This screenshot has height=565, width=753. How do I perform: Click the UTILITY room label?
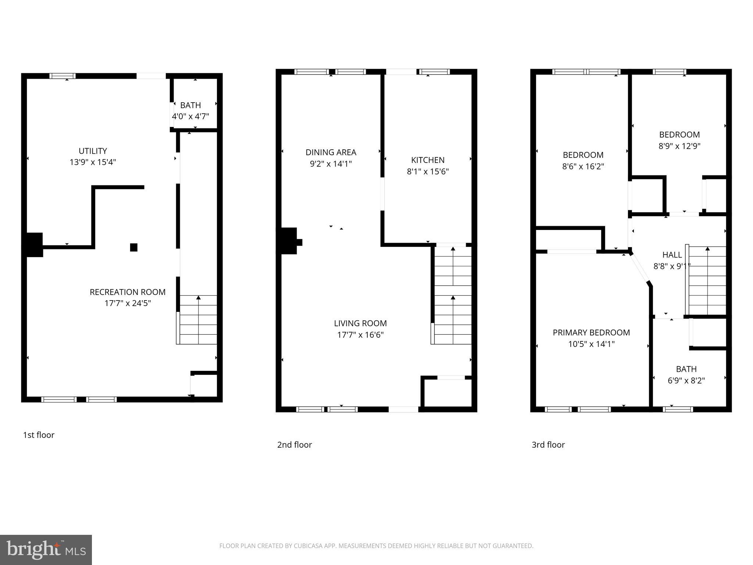(x=93, y=151)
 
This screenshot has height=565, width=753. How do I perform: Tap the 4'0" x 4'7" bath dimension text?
(x=190, y=117)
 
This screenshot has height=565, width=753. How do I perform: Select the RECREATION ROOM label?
(x=128, y=292)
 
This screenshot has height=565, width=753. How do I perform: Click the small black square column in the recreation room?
(x=134, y=247)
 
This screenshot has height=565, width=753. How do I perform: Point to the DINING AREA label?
(x=331, y=152)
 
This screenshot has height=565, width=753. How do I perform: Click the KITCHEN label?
(x=428, y=160)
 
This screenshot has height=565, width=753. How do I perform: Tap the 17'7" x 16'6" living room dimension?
(x=360, y=335)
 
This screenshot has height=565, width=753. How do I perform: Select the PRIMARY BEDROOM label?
(x=591, y=333)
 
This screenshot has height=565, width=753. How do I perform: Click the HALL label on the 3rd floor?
(x=672, y=255)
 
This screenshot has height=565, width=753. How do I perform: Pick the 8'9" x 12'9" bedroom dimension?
(x=679, y=146)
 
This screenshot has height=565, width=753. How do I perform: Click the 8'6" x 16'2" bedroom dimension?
(x=583, y=166)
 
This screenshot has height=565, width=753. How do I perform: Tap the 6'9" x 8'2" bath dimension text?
(x=686, y=380)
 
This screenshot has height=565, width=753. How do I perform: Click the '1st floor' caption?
(x=39, y=435)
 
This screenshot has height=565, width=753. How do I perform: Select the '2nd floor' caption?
(x=294, y=445)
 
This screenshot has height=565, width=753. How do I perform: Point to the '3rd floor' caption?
(x=548, y=445)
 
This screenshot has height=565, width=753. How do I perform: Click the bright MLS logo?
(x=46, y=550)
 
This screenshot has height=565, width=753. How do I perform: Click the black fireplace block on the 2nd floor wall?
(x=288, y=241)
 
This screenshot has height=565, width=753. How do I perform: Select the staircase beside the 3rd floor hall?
(x=707, y=281)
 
